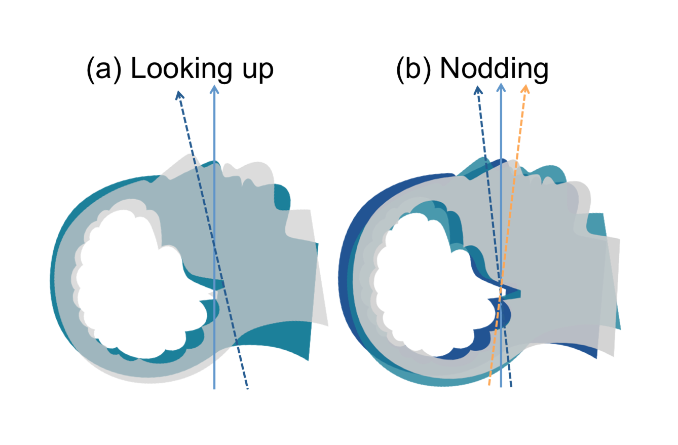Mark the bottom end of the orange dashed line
click(489, 385)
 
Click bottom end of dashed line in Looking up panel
click(248, 389)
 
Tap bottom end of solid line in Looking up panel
click(214, 389)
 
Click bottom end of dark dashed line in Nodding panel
click(510, 387)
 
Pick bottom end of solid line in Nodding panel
click(501, 387)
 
